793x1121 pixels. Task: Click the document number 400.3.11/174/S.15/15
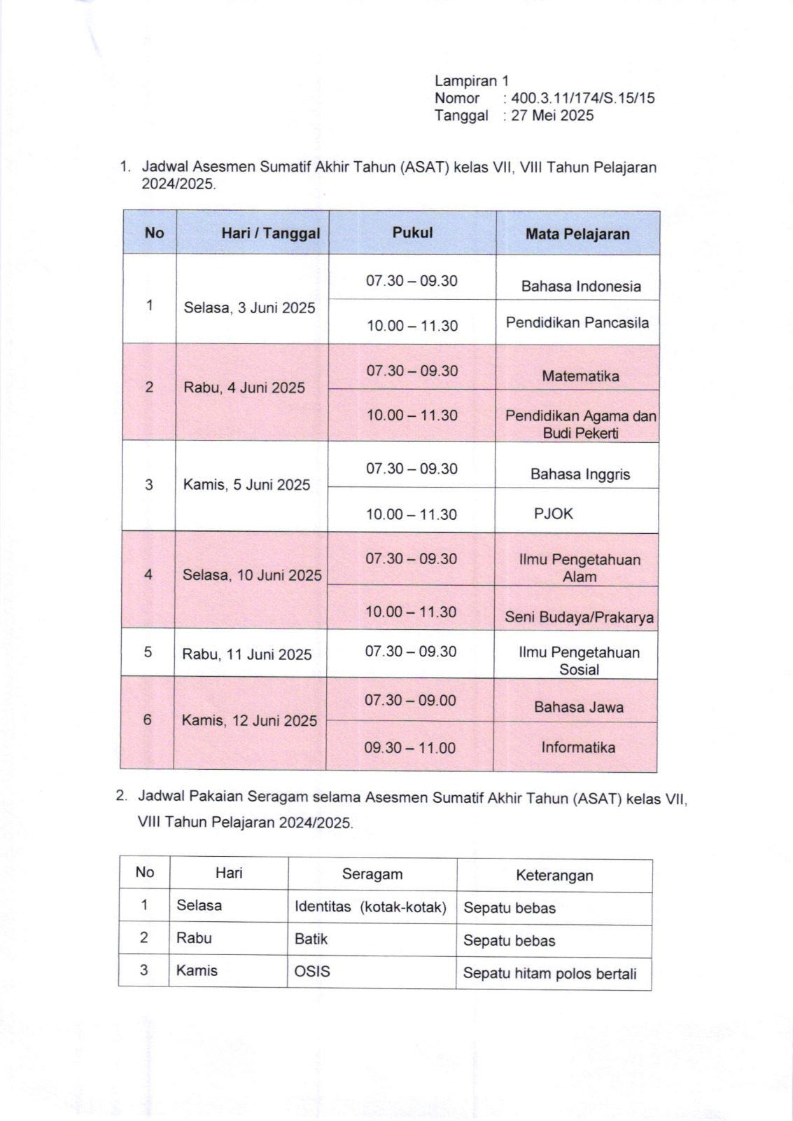(x=583, y=98)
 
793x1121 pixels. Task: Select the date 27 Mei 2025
(x=552, y=116)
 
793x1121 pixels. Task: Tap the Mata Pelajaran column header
(x=577, y=234)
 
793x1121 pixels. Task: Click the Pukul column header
(x=412, y=233)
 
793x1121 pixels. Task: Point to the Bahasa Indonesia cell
(x=581, y=286)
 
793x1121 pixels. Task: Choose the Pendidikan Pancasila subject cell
(x=577, y=323)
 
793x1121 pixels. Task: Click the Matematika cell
(x=580, y=376)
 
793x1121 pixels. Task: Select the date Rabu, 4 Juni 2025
(x=244, y=387)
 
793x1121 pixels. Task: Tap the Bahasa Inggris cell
(x=580, y=474)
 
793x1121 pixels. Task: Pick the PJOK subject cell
(x=554, y=514)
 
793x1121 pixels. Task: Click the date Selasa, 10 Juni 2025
(x=252, y=575)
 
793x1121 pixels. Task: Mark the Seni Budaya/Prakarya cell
(x=579, y=617)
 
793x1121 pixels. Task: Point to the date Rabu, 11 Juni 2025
(x=247, y=654)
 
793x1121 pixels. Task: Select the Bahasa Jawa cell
(x=579, y=707)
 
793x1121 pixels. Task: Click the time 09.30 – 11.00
(x=409, y=748)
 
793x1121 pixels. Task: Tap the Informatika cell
(x=578, y=748)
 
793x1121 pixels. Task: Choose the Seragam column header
(x=372, y=874)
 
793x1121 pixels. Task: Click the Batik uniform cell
(x=311, y=939)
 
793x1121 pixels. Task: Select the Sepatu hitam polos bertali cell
(x=550, y=974)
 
